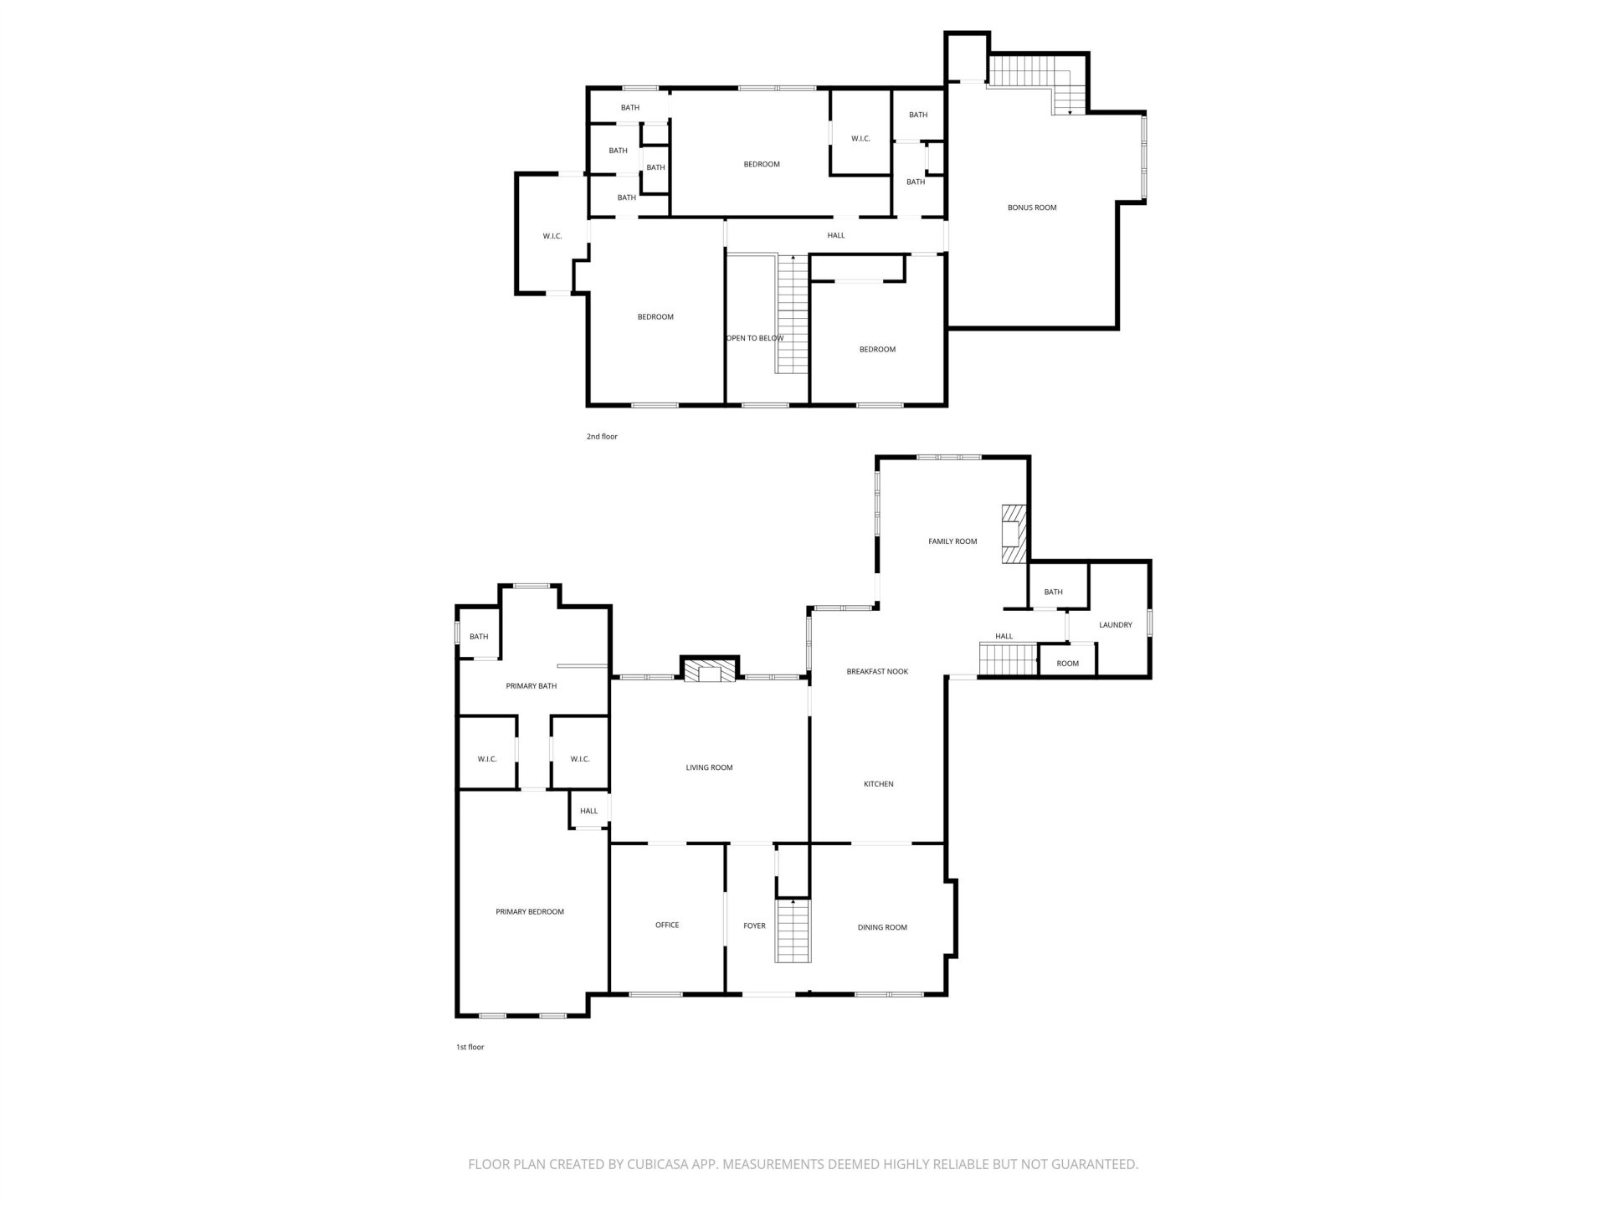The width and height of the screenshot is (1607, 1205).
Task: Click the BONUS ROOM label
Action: coord(1032,208)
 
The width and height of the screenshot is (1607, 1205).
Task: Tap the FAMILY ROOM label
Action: coord(952,541)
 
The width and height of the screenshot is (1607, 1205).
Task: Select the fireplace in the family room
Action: coord(1014,536)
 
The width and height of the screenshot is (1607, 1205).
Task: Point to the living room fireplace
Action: coord(710,670)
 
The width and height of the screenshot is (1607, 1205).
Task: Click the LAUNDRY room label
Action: coord(1116,625)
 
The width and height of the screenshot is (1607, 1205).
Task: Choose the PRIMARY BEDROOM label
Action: coord(530,912)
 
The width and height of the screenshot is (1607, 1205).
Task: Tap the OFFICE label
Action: coord(667,925)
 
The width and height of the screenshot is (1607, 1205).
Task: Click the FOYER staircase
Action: coord(793,931)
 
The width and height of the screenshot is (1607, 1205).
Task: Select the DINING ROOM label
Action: coord(882,927)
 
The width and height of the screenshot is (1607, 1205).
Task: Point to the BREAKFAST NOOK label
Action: coord(877,671)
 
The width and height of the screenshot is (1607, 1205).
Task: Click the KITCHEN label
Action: coord(879,784)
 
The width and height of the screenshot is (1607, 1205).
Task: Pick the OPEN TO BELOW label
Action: coord(755,338)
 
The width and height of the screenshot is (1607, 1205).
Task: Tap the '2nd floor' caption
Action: coord(602,437)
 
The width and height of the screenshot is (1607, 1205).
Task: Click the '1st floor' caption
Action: coord(470,1047)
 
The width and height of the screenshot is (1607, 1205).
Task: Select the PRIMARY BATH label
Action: coord(531,686)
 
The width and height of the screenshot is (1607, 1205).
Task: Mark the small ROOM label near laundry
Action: coord(1068,664)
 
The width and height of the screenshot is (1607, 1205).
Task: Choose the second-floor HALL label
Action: coord(836,235)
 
